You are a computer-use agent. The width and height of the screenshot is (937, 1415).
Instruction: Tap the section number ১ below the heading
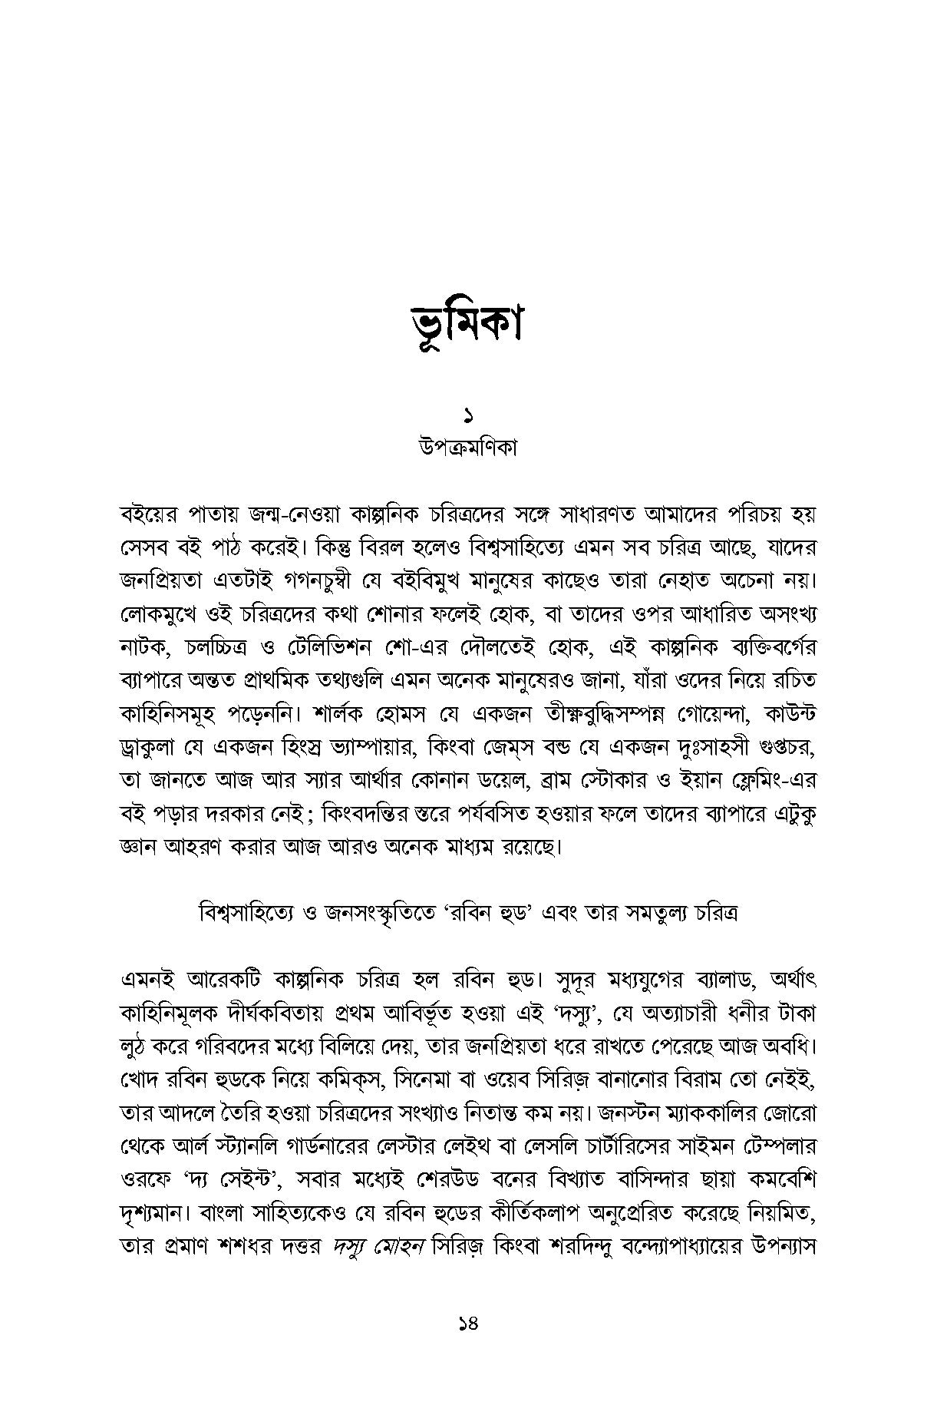coord(467,418)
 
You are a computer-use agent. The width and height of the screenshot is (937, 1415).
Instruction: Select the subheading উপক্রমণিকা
coord(467,448)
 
